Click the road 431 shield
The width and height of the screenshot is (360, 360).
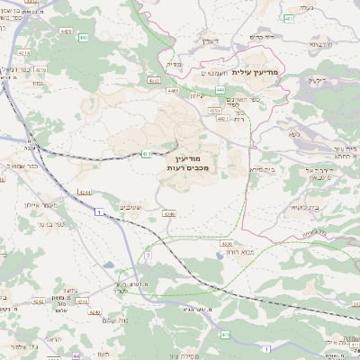click(145, 155)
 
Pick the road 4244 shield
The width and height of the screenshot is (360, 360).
click(84, 192)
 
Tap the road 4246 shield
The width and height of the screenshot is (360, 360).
click(168, 214)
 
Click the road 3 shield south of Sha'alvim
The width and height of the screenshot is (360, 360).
click(147, 256)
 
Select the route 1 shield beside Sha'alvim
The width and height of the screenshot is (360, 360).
click(96, 211)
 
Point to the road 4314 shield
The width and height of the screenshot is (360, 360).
click(24, 53)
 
